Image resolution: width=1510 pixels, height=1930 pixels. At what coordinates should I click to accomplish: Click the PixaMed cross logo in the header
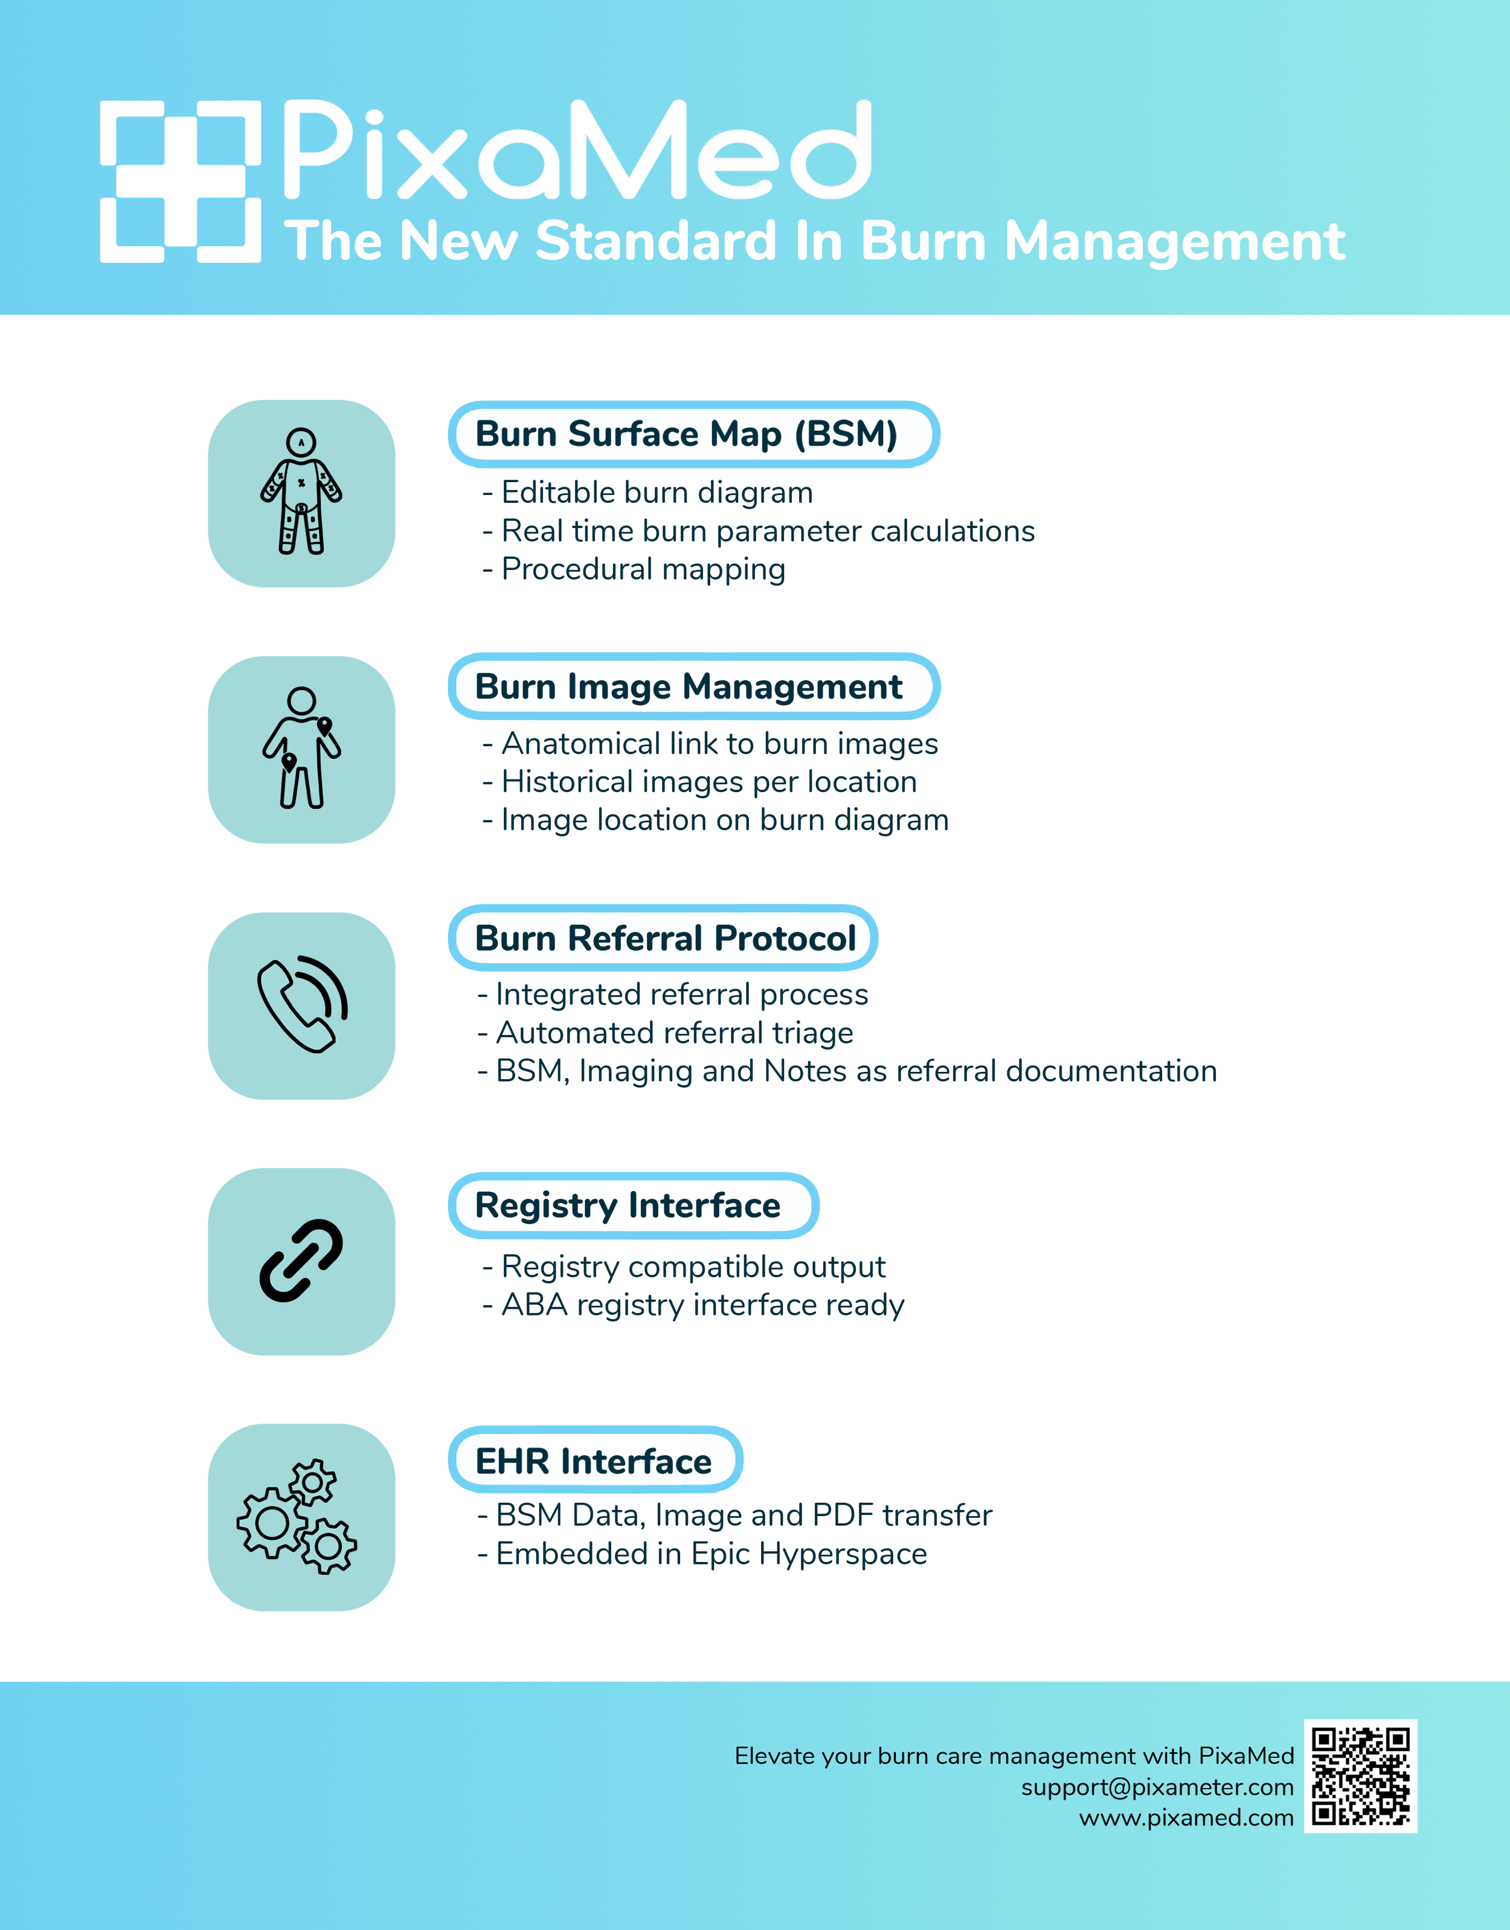[181, 181]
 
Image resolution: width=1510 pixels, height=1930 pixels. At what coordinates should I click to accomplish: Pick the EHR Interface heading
[594, 1461]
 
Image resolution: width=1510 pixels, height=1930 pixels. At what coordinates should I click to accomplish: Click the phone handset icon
[301, 1005]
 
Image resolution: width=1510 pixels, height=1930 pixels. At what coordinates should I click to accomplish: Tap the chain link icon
[301, 1260]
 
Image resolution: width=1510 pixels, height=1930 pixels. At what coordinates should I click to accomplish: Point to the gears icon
[298, 1516]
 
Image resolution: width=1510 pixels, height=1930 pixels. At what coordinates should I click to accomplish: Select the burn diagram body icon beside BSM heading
[301, 492]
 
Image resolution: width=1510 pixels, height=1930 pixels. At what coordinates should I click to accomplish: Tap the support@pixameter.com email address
[1157, 1787]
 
